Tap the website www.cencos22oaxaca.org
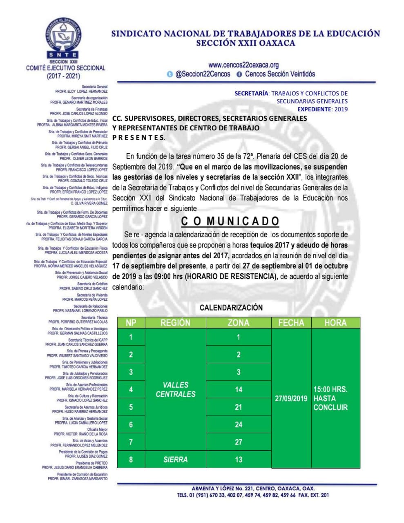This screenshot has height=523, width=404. pos(243,65)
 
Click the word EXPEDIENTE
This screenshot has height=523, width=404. pos(315,109)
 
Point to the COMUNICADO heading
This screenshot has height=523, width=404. pos(230,221)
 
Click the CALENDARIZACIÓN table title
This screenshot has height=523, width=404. pos(231,307)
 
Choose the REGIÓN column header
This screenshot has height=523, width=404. pos(175,322)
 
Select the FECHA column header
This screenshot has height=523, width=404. pos(291,322)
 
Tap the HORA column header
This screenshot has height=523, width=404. pos(335,322)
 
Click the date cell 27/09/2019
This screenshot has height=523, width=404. pos(291,398)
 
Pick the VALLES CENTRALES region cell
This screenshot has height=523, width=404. pos(175,389)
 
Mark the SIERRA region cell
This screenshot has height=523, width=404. pos(175,460)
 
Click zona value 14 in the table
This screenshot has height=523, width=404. pos(239,389)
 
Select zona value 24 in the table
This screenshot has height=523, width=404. pos(239,425)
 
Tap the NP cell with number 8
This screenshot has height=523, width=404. pos(131,460)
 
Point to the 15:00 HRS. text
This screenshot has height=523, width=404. pos(330,389)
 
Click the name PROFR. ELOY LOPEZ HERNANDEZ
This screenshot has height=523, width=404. pos(81,92)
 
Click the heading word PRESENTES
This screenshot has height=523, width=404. pos(139,138)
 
